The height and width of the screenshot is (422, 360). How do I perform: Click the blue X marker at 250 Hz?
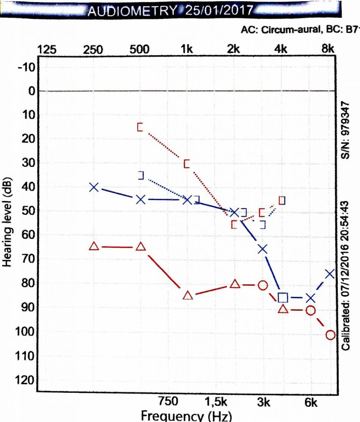[x=94, y=187]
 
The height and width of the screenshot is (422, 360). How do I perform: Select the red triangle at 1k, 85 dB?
[x=188, y=295]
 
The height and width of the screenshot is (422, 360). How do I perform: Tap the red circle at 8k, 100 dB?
[x=330, y=335]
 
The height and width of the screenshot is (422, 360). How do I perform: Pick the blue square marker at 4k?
[x=283, y=297]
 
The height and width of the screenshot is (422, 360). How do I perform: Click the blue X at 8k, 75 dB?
[x=330, y=274]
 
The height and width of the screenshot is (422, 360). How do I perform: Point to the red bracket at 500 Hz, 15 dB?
[x=140, y=127]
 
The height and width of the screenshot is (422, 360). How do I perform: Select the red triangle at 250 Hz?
[x=94, y=246]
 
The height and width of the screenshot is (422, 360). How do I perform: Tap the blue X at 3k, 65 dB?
[x=262, y=249]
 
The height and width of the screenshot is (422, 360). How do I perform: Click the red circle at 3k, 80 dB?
[x=262, y=285]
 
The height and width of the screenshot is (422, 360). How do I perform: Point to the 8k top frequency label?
[x=328, y=49]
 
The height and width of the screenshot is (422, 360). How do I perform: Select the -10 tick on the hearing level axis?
[x=28, y=67]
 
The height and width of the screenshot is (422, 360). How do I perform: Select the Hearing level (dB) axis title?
[x=8, y=223]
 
